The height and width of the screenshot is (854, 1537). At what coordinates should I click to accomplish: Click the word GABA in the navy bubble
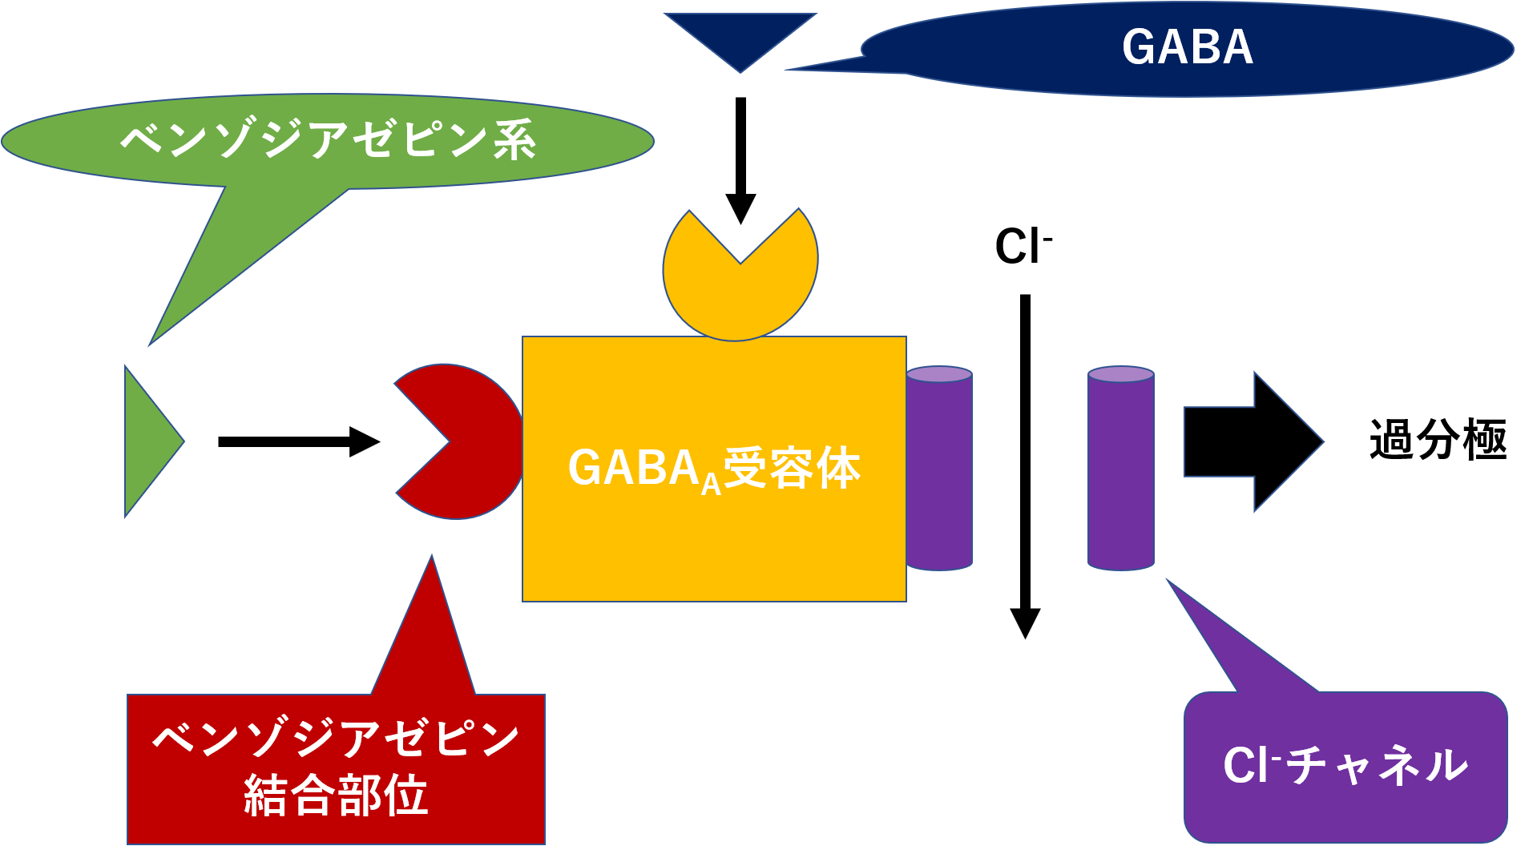click(1187, 46)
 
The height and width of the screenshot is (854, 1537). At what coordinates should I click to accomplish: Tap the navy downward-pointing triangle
click(740, 36)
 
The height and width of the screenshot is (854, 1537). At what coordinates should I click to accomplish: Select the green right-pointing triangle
click(148, 441)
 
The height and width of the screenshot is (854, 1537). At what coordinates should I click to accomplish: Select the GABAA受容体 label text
click(713, 469)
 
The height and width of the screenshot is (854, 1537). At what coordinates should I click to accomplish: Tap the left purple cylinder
click(939, 473)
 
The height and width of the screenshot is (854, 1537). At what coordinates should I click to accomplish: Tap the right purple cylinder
click(1120, 473)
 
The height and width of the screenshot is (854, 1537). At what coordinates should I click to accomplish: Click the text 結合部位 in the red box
click(336, 796)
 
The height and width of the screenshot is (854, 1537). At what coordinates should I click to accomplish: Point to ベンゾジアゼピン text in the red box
click(336, 739)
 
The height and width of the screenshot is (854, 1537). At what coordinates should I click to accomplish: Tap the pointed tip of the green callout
click(151, 344)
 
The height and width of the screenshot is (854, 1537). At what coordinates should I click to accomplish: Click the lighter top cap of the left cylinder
click(939, 374)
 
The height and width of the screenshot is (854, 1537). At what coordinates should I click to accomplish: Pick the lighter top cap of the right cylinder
click(1120, 374)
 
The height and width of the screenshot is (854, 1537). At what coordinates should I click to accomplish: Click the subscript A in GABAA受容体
click(711, 485)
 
